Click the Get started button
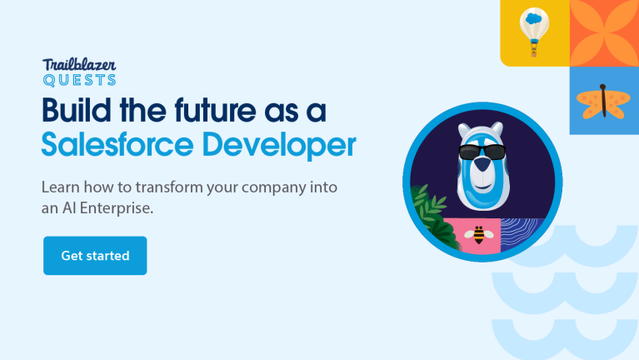point(95,256)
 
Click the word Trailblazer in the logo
point(79,65)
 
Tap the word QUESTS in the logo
point(79,80)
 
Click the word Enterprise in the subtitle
point(121,208)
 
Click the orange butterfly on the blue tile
point(603,100)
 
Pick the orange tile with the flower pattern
point(603,32)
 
